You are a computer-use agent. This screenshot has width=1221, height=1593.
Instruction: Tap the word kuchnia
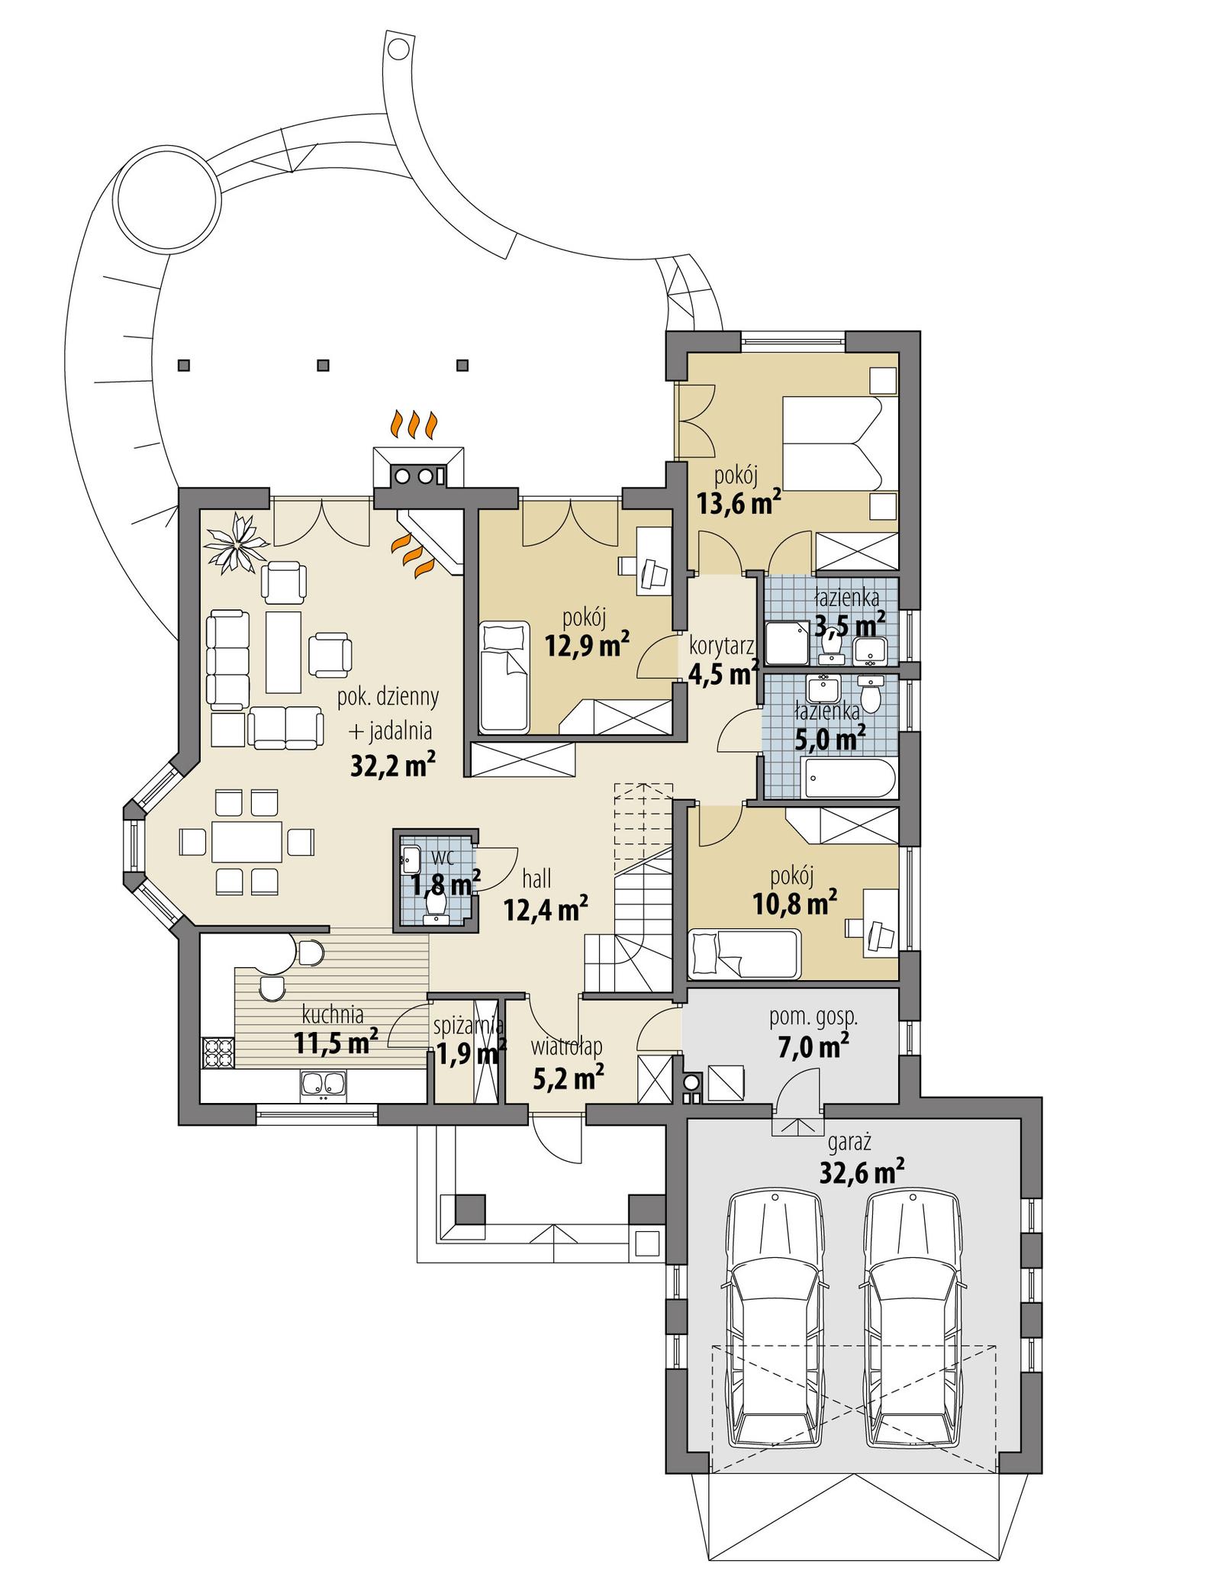[333, 1014]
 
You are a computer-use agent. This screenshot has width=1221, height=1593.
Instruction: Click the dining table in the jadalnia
[246, 840]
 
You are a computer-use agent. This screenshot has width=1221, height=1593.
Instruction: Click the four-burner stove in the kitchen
[217, 1053]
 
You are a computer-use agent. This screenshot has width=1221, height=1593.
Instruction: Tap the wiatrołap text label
[567, 1045]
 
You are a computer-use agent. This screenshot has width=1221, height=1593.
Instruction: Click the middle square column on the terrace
[323, 365]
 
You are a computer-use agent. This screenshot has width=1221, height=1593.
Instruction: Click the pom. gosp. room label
[813, 1016]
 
